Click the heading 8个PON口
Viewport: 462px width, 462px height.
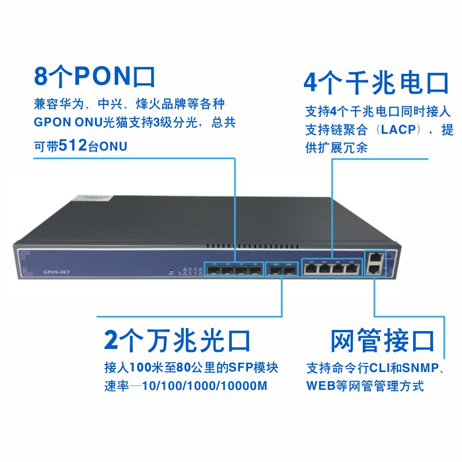95,77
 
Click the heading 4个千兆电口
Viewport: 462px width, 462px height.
375,82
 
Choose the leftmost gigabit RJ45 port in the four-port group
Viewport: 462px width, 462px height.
311,268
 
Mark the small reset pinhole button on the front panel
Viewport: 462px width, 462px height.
171,271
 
